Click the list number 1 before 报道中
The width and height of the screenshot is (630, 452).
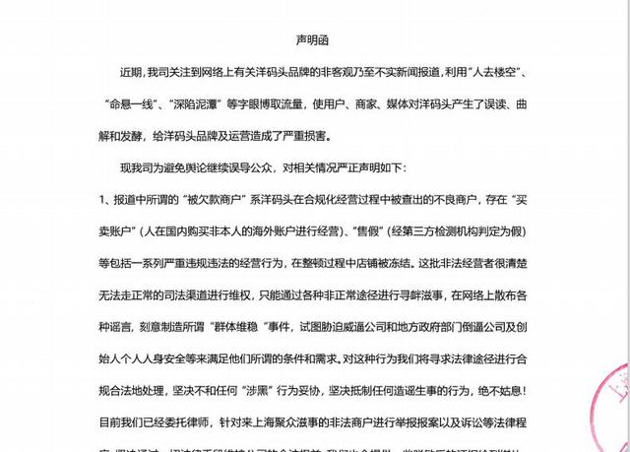(102, 199)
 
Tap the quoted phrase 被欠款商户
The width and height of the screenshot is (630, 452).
(233, 199)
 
